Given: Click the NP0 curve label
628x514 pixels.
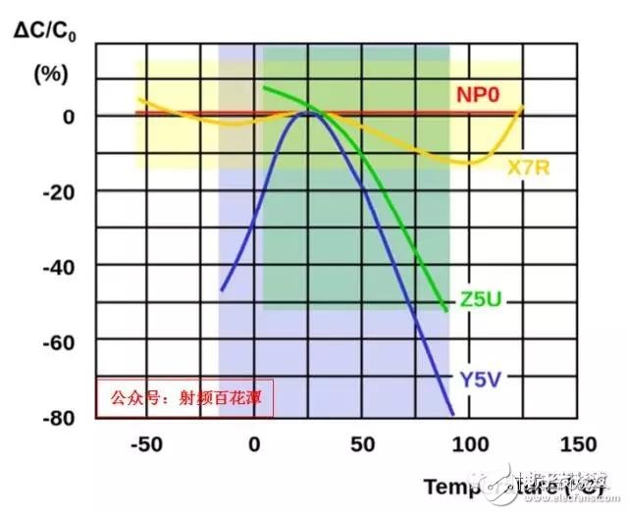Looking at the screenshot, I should [479, 95].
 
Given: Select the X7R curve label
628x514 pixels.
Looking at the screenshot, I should [528, 168].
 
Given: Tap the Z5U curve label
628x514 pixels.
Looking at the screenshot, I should [481, 301].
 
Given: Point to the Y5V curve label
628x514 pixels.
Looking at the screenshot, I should [481, 377].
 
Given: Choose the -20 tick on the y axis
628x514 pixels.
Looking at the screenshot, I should [62, 191].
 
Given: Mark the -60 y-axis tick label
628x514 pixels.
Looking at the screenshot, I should [62, 341].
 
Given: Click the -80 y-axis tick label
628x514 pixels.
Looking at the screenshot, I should [62, 417].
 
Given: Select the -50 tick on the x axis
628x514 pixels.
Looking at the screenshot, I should [145, 444].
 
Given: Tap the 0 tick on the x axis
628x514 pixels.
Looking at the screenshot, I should [255, 444].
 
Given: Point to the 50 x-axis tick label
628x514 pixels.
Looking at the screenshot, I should [363, 444].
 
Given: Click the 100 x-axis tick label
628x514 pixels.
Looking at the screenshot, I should [470, 444].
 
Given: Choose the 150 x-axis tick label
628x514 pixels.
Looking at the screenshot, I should [578, 444].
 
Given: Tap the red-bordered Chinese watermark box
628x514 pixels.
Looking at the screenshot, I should [183, 398].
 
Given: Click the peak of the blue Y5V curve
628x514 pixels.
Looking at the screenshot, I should [309, 113].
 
